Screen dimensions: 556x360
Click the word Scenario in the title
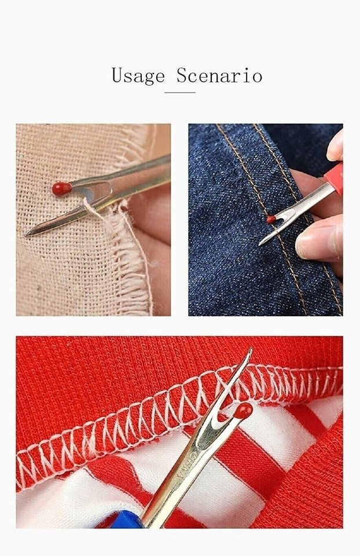(219, 75)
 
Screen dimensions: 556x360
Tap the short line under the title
(179, 92)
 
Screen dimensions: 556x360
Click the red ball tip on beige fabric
(61, 188)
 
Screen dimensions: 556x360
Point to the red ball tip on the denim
(271, 220)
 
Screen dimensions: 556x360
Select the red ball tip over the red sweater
(243, 411)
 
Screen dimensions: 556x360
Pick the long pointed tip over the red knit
(249, 351)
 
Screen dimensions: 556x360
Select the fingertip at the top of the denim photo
(335, 147)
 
